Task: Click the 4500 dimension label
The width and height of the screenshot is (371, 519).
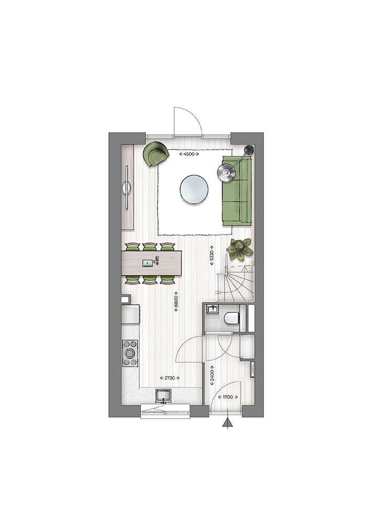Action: point(189,154)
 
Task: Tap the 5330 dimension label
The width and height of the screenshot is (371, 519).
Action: point(212,255)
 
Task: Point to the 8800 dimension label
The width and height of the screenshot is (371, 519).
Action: point(176,301)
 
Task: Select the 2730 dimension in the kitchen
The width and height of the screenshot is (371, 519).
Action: point(170,378)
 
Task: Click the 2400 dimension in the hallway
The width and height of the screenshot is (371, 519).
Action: point(212,375)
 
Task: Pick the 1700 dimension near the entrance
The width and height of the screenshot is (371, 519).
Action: point(228,397)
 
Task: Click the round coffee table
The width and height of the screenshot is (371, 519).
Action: point(194,189)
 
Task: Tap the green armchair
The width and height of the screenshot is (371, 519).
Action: point(155,154)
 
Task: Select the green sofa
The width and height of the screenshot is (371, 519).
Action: point(237,190)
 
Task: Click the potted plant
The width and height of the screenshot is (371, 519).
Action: point(240,249)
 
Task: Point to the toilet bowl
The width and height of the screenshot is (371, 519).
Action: point(232,318)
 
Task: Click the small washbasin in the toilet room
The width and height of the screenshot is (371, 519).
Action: point(212,309)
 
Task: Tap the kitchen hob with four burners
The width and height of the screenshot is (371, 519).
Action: point(130,353)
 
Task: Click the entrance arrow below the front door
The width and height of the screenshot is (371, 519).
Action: point(228,424)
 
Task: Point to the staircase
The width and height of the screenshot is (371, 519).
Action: point(235,281)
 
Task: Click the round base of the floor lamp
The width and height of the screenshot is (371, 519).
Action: point(249,149)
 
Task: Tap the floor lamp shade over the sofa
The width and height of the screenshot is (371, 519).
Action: point(227,172)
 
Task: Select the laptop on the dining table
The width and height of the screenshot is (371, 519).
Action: point(148,263)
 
